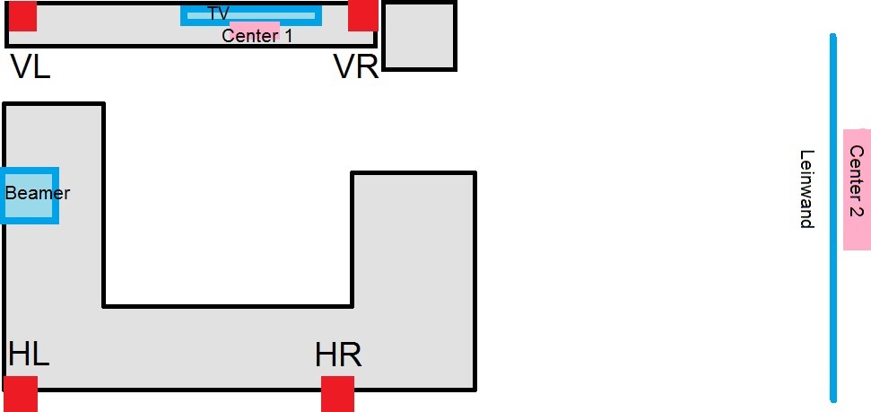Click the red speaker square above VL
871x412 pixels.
pyautogui.click(x=22, y=16)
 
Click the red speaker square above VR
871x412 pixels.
pyautogui.click(x=363, y=15)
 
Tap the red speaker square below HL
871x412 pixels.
pyautogui.click(x=21, y=394)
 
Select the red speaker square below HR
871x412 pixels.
pyautogui.click(x=338, y=394)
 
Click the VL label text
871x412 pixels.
pyautogui.click(x=30, y=66)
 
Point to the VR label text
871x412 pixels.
pyautogui.click(x=355, y=67)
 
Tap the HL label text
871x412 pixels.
pyautogui.click(x=29, y=354)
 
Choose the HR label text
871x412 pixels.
pyautogui.click(x=338, y=355)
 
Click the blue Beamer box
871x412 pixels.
pyautogui.click(x=29, y=208)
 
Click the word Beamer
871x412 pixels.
pyautogui.click(x=38, y=193)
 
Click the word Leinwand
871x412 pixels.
pyautogui.click(x=806, y=188)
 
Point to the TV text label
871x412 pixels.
pyautogui.click(x=218, y=13)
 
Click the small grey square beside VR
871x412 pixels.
pyautogui.click(x=419, y=36)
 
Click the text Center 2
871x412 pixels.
pyautogui.click(x=857, y=182)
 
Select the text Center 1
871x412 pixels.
pyautogui.click(x=257, y=36)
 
